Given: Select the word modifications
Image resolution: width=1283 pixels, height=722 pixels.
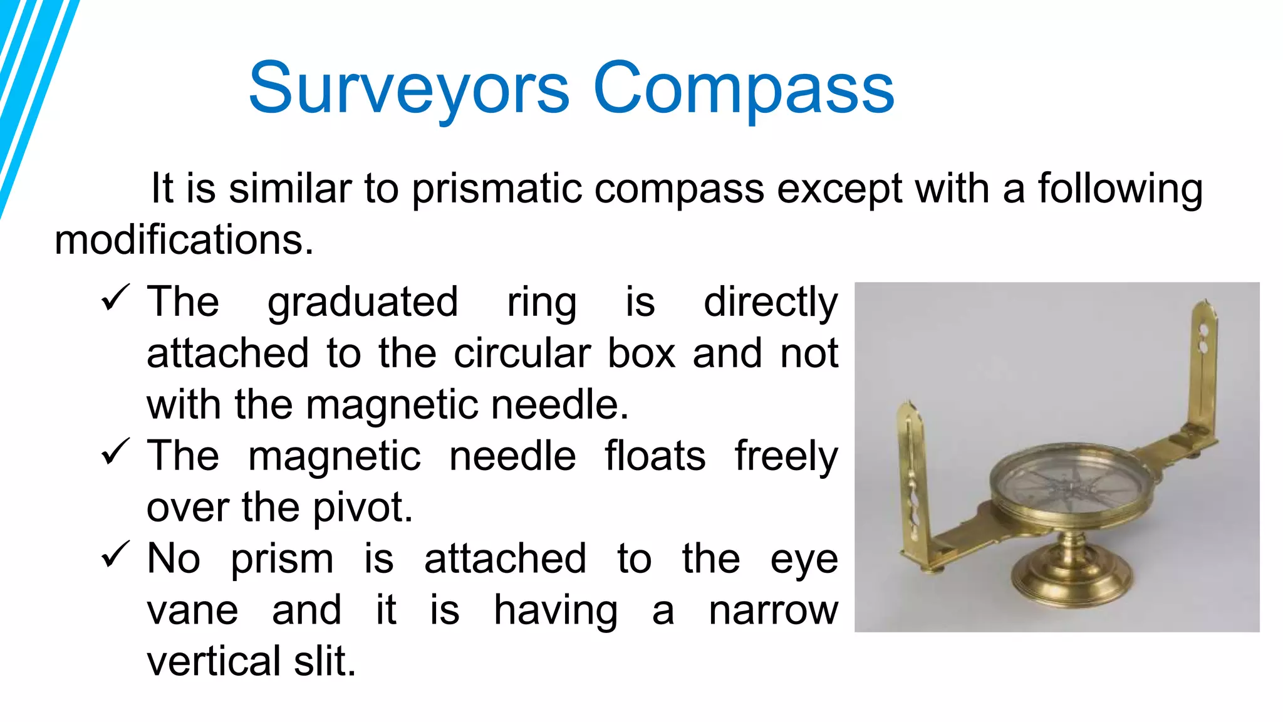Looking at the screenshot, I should [184, 240].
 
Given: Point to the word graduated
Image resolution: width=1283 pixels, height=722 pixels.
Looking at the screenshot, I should [363, 303].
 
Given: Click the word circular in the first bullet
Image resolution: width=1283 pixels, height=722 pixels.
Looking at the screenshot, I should [522, 353].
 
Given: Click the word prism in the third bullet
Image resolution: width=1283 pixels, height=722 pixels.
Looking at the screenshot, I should [282, 558].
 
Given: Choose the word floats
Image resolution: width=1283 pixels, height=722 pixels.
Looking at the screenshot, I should [655, 456].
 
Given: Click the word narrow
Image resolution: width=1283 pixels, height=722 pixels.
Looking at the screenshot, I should [773, 610].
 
